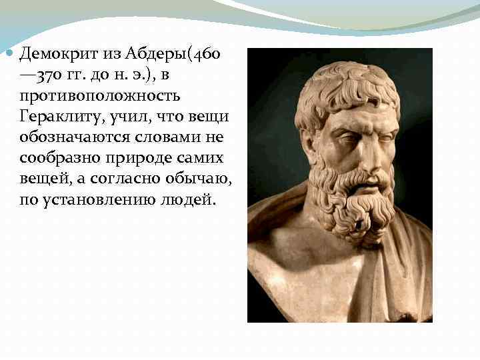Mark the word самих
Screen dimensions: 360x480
pyautogui.click(x=206, y=159)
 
